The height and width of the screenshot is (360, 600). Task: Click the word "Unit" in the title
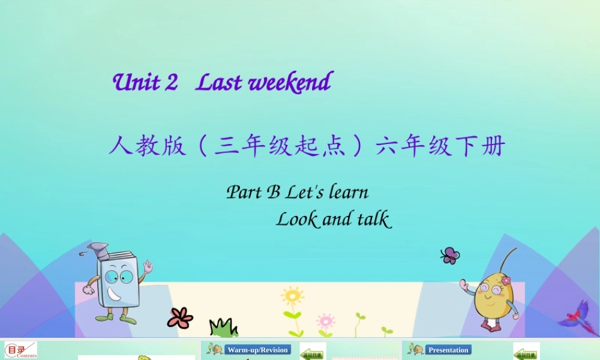(137, 82)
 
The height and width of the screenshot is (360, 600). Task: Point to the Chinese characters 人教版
(148, 146)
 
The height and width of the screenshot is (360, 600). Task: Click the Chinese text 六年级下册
(440, 146)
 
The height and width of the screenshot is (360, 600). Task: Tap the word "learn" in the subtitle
(349, 192)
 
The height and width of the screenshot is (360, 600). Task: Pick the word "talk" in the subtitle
(374, 219)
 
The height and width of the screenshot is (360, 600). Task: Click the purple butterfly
(449, 256)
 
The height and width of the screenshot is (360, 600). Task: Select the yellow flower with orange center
(293, 296)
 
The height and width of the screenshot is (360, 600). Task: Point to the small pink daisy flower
(325, 320)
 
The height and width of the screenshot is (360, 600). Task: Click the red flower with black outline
(180, 318)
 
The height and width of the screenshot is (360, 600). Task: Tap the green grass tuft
(224, 328)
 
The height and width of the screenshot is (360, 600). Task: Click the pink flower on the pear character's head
(506, 280)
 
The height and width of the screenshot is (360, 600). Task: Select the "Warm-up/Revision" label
(257, 350)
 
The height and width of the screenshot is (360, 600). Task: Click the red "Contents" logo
(20, 350)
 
